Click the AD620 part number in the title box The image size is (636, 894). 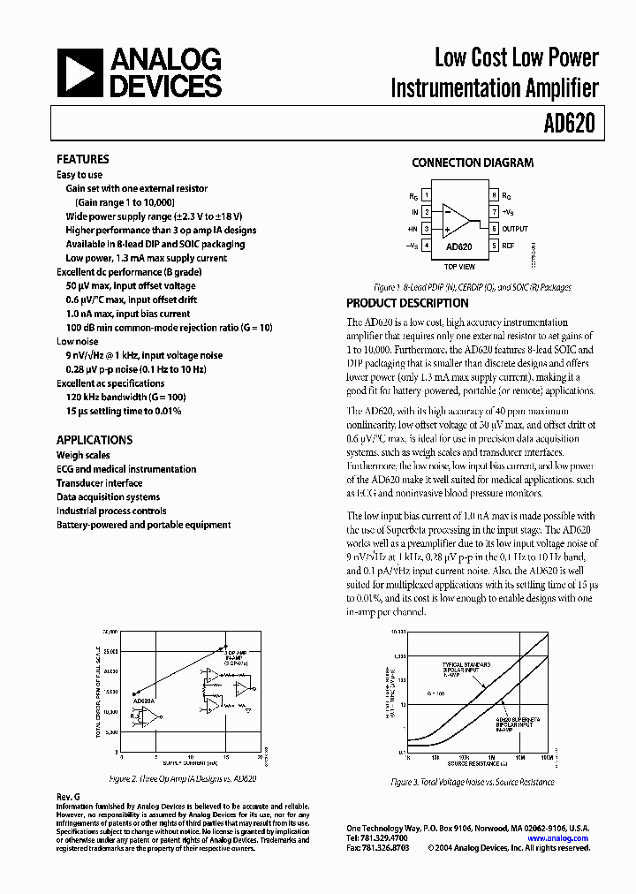(x=572, y=123)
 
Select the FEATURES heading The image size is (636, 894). (x=82, y=160)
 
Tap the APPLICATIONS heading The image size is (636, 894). (x=94, y=440)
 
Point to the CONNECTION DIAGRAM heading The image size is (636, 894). (x=473, y=163)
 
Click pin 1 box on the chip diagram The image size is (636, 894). (x=427, y=195)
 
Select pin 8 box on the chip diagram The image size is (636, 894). (x=494, y=195)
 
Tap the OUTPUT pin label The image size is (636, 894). (x=516, y=229)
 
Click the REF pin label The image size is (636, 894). (x=509, y=245)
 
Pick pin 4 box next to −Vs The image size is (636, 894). (x=427, y=245)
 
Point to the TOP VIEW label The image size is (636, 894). (x=459, y=266)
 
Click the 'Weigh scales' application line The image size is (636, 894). (x=83, y=455)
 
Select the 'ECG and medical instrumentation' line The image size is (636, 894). (x=126, y=469)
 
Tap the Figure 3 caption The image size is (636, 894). (x=473, y=782)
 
